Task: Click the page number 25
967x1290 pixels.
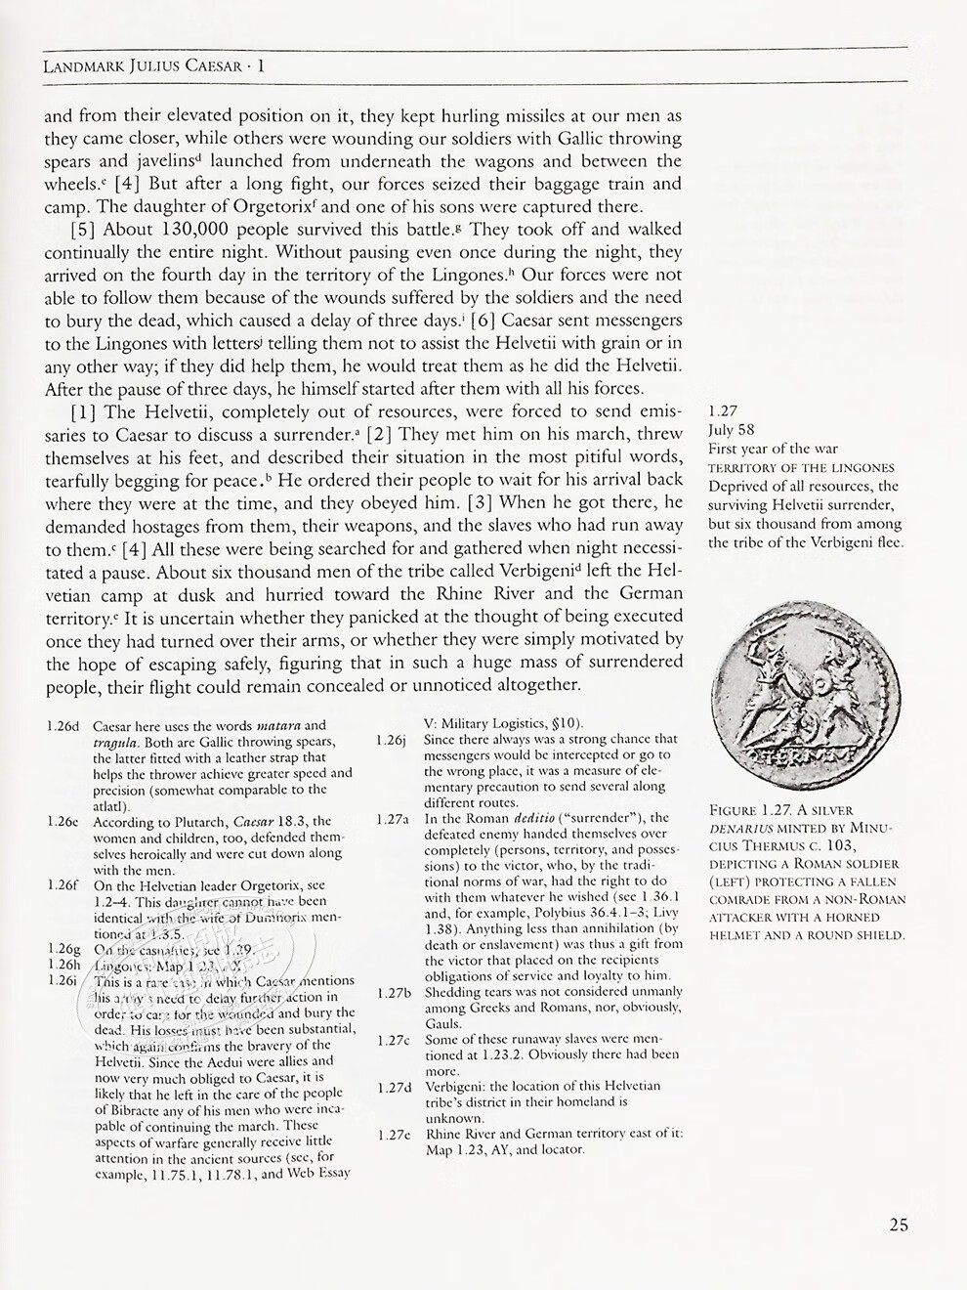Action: pyautogui.click(x=900, y=1225)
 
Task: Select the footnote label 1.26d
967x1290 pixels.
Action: pyautogui.click(x=63, y=726)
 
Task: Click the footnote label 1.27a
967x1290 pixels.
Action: pyautogui.click(x=392, y=819)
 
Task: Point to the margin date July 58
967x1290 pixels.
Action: pyautogui.click(x=732, y=430)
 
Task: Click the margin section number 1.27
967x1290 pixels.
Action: pyautogui.click(x=723, y=411)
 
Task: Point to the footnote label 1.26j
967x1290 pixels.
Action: pyautogui.click(x=391, y=740)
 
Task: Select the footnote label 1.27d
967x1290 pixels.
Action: pyautogui.click(x=392, y=1087)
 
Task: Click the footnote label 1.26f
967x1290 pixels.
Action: pyautogui.click(x=63, y=885)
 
